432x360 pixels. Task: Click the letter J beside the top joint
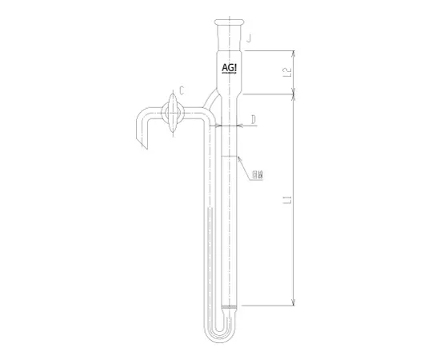point(250,38)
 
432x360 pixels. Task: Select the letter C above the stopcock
point(183,91)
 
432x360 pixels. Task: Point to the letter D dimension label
point(254,120)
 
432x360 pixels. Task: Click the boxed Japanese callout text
point(257,174)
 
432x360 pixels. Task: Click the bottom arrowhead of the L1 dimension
point(294,302)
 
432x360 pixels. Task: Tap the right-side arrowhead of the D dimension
point(242,126)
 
